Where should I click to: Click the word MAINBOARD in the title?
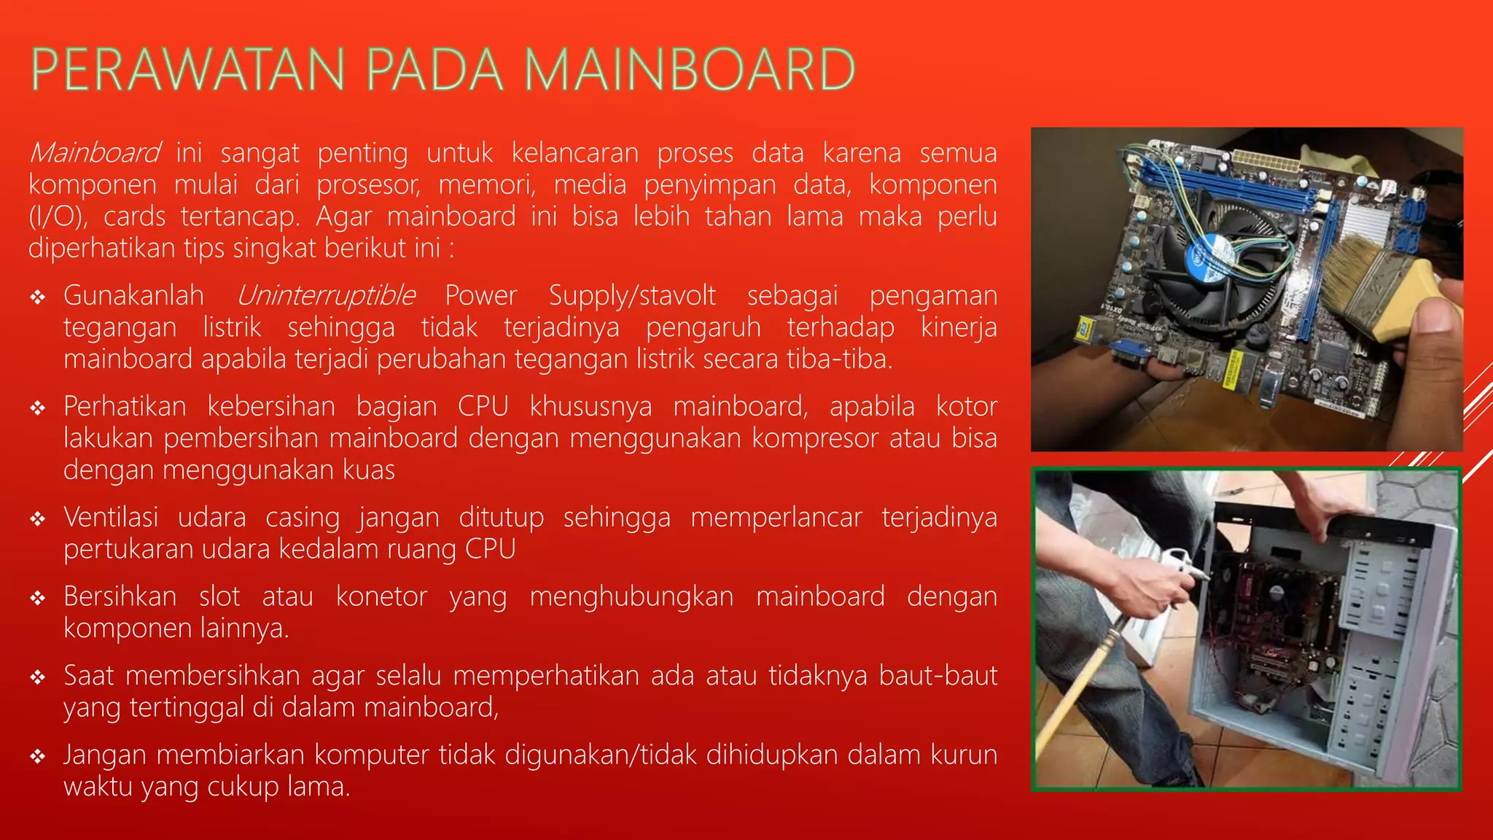pyautogui.click(x=689, y=70)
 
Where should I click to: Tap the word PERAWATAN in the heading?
pyautogui.click(x=188, y=70)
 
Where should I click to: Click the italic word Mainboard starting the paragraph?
pyautogui.click(x=94, y=153)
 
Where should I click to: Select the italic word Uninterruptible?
pyautogui.click(x=326, y=296)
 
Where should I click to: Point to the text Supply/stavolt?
pyautogui.click(x=632, y=296)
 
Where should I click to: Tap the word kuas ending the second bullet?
pyautogui.click(x=370, y=470)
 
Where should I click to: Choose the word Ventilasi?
pyautogui.click(x=111, y=518)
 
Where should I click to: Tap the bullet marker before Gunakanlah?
pyautogui.click(x=38, y=297)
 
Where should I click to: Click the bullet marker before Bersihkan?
pyautogui.click(x=38, y=599)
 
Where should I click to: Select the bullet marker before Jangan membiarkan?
pyautogui.click(x=38, y=757)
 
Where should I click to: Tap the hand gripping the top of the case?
pyautogui.click(x=1327, y=503)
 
